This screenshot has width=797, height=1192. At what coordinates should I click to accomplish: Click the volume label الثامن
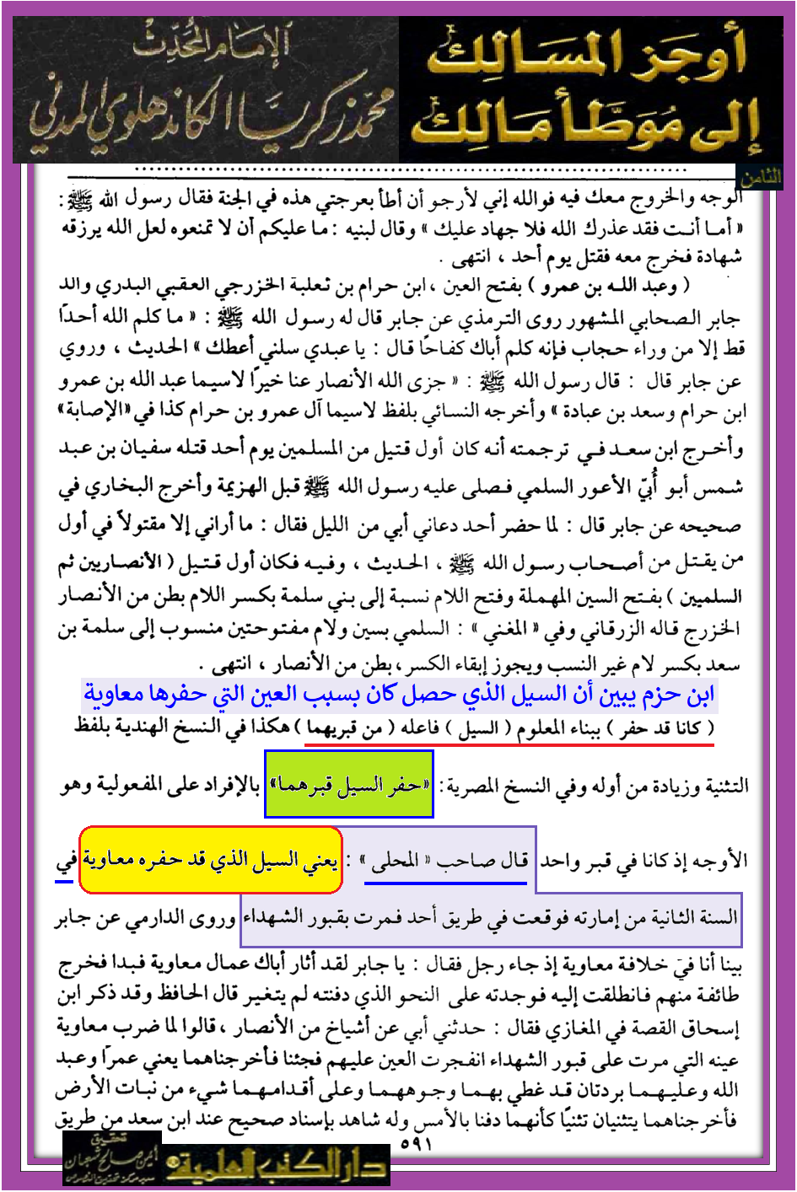click(x=761, y=178)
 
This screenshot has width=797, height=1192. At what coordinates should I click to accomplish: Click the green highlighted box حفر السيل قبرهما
click(x=349, y=785)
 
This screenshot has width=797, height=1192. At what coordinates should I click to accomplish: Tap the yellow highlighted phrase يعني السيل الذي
click(x=211, y=860)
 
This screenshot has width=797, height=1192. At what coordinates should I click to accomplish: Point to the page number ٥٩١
click(x=415, y=1145)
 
